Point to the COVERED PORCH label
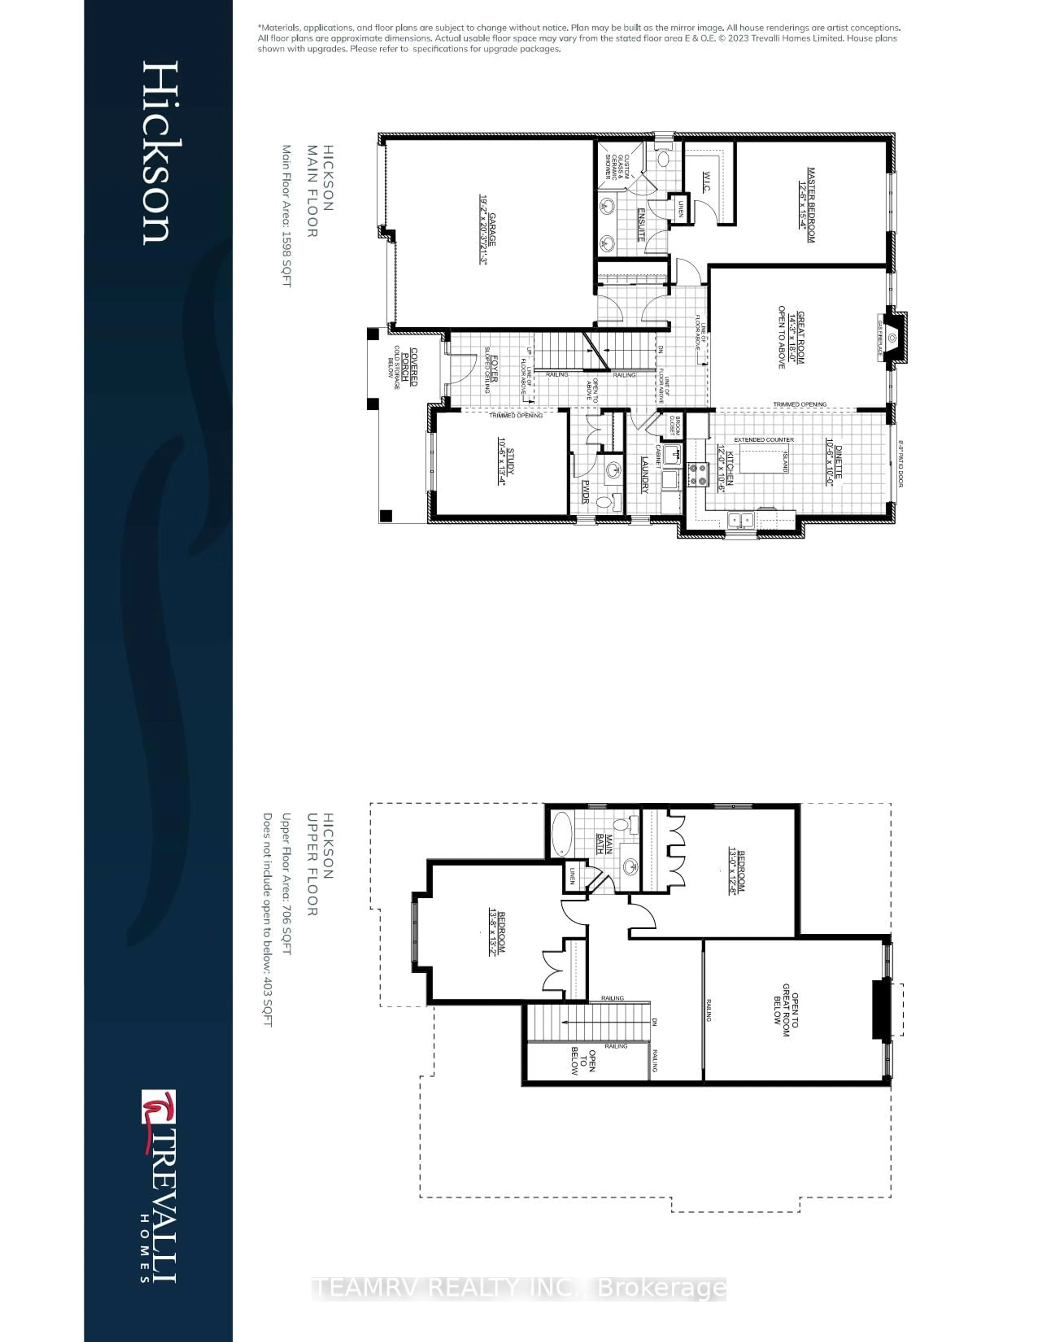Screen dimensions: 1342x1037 click(x=409, y=367)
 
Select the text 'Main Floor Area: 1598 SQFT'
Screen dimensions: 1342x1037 click(x=286, y=216)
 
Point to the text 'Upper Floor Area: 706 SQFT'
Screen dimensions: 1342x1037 click(x=286, y=883)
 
